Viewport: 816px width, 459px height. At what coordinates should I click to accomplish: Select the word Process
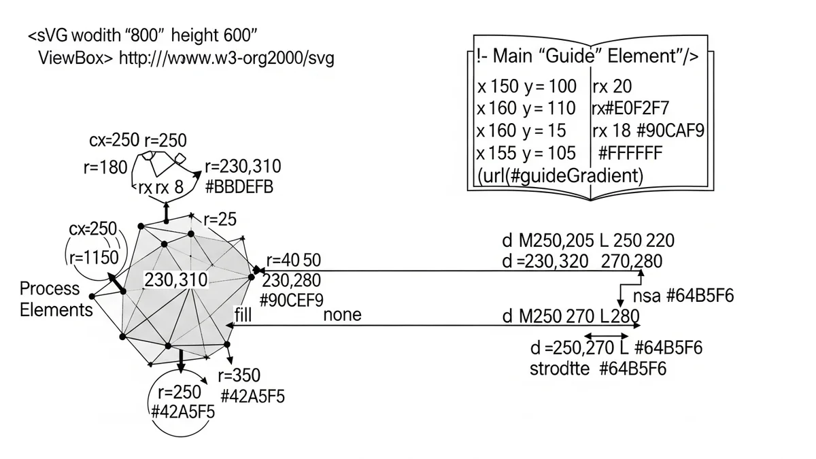pyautogui.click(x=50, y=288)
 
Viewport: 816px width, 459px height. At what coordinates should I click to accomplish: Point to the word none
pyautogui.click(x=342, y=314)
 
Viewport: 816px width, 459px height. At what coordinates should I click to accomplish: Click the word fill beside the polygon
pyautogui.click(x=243, y=314)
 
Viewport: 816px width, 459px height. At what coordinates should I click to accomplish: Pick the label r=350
pyautogui.click(x=239, y=376)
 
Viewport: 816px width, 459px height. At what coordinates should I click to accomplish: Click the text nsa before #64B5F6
pyautogui.click(x=647, y=296)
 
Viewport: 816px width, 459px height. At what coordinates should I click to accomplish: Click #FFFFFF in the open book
pyautogui.click(x=638, y=152)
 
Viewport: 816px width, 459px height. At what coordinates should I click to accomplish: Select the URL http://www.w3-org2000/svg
pyautogui.click(x=226, y=58)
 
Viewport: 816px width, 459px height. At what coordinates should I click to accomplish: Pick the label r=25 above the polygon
pyautogui.click(x=219, y=220)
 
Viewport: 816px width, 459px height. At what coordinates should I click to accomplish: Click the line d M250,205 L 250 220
pyautogui.click(x=588, y=241)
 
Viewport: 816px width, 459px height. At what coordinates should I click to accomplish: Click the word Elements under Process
pyautogui.click(x=56, y=310)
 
